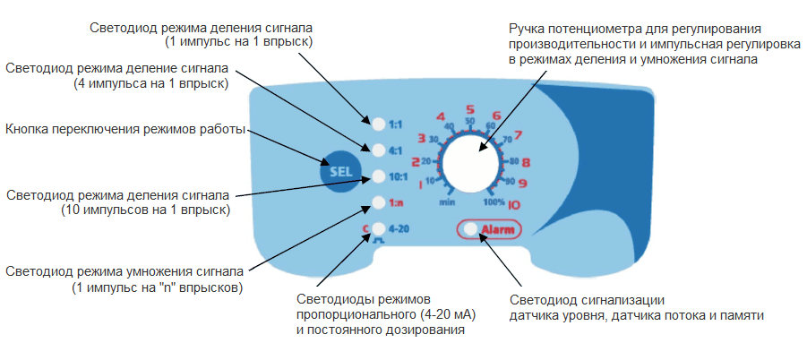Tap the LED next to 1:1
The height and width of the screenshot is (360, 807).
[378, 122]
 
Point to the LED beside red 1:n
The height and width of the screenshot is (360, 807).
[378, 202]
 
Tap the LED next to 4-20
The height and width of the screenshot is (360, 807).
[378, 228]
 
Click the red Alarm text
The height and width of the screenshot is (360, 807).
[498, 230]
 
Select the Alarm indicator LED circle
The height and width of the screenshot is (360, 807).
[470, 230]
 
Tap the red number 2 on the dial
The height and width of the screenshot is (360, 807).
[415, 162]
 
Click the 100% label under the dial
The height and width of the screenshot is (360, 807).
[494, 201]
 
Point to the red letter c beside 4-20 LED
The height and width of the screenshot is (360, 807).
[365, 227]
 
